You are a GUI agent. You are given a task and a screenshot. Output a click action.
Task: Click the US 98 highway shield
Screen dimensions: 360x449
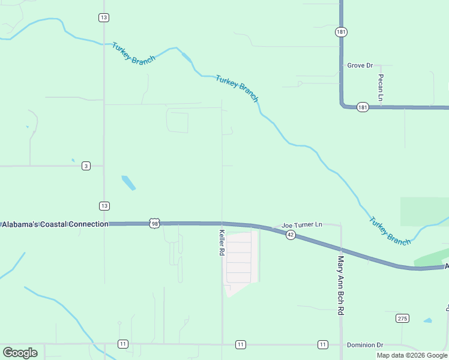(155, 223)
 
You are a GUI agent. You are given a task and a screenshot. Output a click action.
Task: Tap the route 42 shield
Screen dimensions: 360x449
(291, 234)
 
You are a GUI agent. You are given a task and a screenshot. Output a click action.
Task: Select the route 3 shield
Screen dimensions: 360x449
(86, 166)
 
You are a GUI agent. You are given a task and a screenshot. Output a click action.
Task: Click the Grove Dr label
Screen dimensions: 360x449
(360, 65)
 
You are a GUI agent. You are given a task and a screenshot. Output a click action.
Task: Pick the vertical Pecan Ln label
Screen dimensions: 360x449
(381, 87)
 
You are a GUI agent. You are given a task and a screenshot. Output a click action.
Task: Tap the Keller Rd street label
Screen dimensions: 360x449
(221, 243)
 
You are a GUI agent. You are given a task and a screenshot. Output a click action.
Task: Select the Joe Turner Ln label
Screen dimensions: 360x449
(302, 224)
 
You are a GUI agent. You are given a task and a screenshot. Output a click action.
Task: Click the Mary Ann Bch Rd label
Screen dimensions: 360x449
(340, 286)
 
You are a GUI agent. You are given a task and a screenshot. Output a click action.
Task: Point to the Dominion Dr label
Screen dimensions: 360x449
(365, 345)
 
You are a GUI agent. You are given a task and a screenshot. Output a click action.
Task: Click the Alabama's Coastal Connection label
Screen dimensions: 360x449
(55, 224)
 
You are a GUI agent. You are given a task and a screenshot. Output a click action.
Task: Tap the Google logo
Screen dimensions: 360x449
(20, 352)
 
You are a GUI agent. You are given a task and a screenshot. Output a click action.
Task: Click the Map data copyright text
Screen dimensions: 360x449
(412, 355)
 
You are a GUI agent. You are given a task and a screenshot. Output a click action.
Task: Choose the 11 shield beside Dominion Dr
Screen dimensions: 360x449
(323, 344)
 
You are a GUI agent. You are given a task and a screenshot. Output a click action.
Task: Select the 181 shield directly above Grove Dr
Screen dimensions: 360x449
(341, 32)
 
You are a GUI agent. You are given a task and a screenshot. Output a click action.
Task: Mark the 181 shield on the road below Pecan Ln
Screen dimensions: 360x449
(362, 107)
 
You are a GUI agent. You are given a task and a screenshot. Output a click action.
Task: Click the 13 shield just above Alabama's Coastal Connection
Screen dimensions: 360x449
(104, 206)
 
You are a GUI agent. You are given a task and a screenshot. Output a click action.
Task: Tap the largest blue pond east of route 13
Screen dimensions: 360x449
(128, 182)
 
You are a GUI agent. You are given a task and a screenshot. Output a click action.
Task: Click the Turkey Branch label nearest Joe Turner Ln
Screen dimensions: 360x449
(390, 230)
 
